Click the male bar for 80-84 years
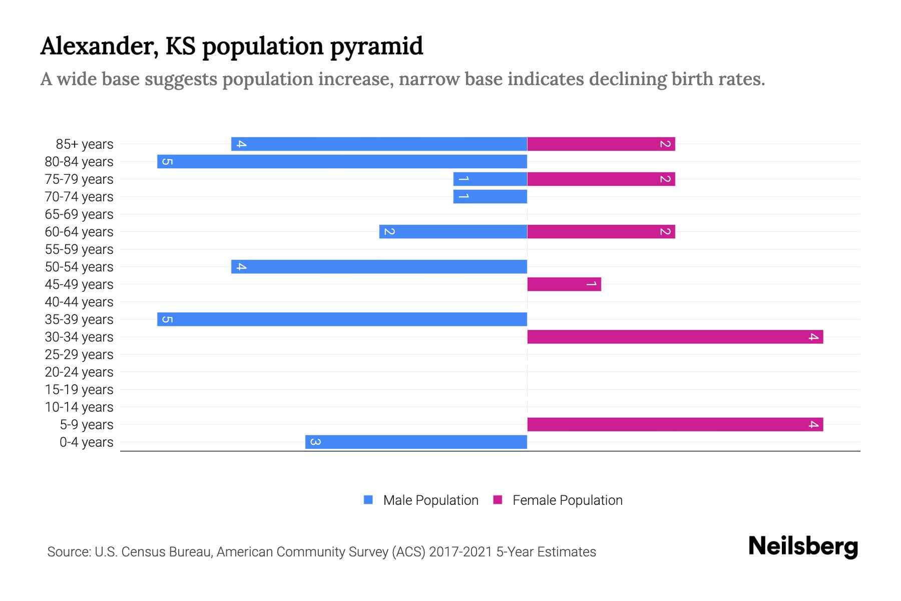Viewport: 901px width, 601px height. coord(342,162)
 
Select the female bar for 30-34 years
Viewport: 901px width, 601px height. coord(675,337)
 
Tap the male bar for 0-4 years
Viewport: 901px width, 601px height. coord(416,442)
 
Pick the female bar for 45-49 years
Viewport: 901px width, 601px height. coord(564,284)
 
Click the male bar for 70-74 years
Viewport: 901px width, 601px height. coord(490,197)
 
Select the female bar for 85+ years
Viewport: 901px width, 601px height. coord(601,144)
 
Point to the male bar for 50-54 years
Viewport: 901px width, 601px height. coord(379,267)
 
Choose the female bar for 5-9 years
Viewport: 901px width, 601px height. coord(675,425)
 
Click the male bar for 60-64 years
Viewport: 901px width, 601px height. coord(453,232)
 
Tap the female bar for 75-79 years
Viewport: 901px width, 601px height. coord(601,179)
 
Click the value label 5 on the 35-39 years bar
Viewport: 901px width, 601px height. coord(167,320)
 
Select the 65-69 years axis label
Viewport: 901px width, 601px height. coord(79,214)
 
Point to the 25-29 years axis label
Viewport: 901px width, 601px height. coord(79,355)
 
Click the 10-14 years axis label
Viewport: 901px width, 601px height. coord(79,407)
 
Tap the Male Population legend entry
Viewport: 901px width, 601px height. coord(430,500)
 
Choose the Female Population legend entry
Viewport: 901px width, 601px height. coord(567,500)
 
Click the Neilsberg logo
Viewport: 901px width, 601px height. coord(803,546)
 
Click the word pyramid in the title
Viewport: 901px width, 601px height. coord(376,47)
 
